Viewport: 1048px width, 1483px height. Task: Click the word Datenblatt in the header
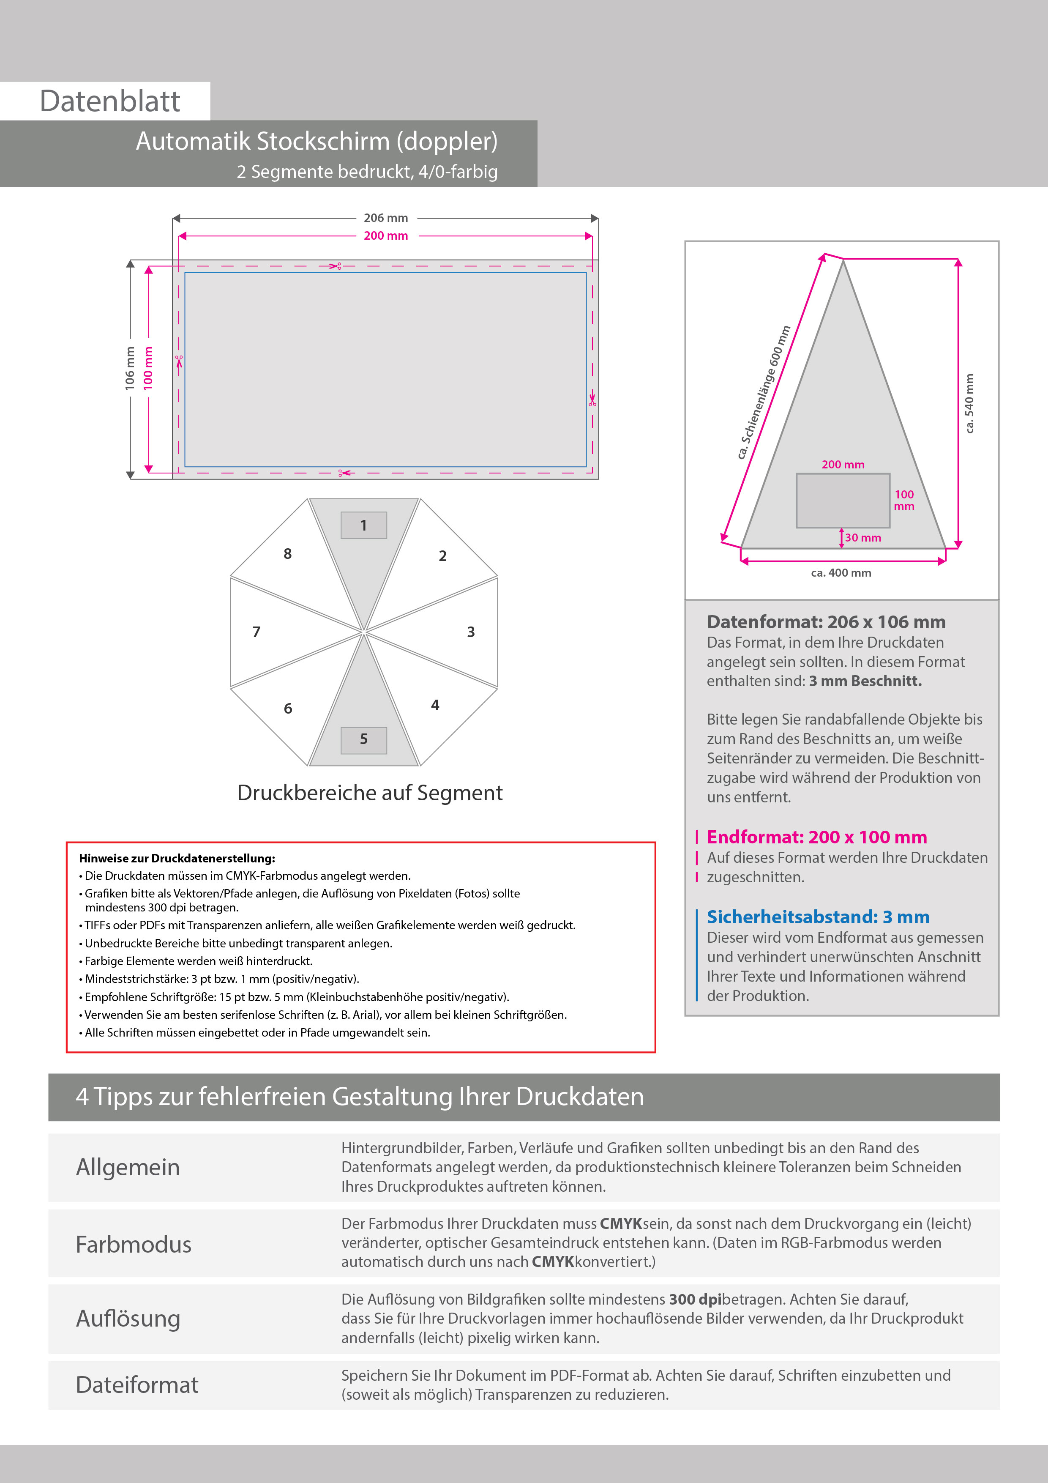point(110,101)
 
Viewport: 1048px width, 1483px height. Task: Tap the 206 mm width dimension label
point(385,218)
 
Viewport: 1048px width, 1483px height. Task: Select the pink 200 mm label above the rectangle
point(385,236)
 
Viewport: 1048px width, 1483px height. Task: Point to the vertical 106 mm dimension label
point(130,368)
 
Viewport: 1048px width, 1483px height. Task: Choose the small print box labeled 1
point(363,525)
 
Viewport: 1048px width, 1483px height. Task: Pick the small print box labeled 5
point(363,739)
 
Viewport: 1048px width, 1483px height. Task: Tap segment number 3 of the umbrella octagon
point(471,632)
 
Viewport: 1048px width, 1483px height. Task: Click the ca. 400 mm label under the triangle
point(841,573)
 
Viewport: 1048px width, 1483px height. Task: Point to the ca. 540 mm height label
point(969,404)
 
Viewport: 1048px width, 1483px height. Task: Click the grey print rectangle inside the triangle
point(843,501)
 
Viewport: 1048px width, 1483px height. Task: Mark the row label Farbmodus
point(134,1245)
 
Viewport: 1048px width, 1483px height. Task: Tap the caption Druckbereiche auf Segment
point(369,793)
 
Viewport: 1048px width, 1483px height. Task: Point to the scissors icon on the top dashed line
point(335,265)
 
